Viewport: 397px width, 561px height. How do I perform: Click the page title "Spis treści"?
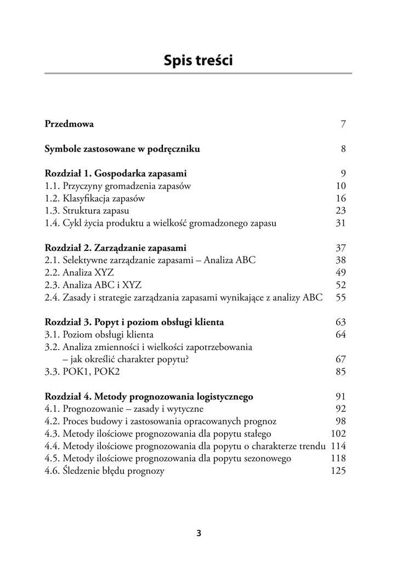point(198,61)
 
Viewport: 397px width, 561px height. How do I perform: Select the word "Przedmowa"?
point(69,124)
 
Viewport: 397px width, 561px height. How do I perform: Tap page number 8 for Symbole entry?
point(343,148)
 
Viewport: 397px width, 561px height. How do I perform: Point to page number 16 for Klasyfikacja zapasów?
point(341,198)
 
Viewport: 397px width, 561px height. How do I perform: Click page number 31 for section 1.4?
point(341,224)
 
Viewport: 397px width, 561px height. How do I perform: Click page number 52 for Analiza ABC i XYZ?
point(341,285)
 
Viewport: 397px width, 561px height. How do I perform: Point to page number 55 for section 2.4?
point(341,297)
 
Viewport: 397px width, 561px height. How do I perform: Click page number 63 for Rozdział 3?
point(341,322)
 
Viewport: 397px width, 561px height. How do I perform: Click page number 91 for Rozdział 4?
point(341,396)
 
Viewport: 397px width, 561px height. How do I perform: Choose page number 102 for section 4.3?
point(338,433)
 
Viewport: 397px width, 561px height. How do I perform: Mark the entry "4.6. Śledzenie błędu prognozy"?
point(104,471)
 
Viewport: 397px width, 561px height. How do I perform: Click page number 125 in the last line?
point(338,471)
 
